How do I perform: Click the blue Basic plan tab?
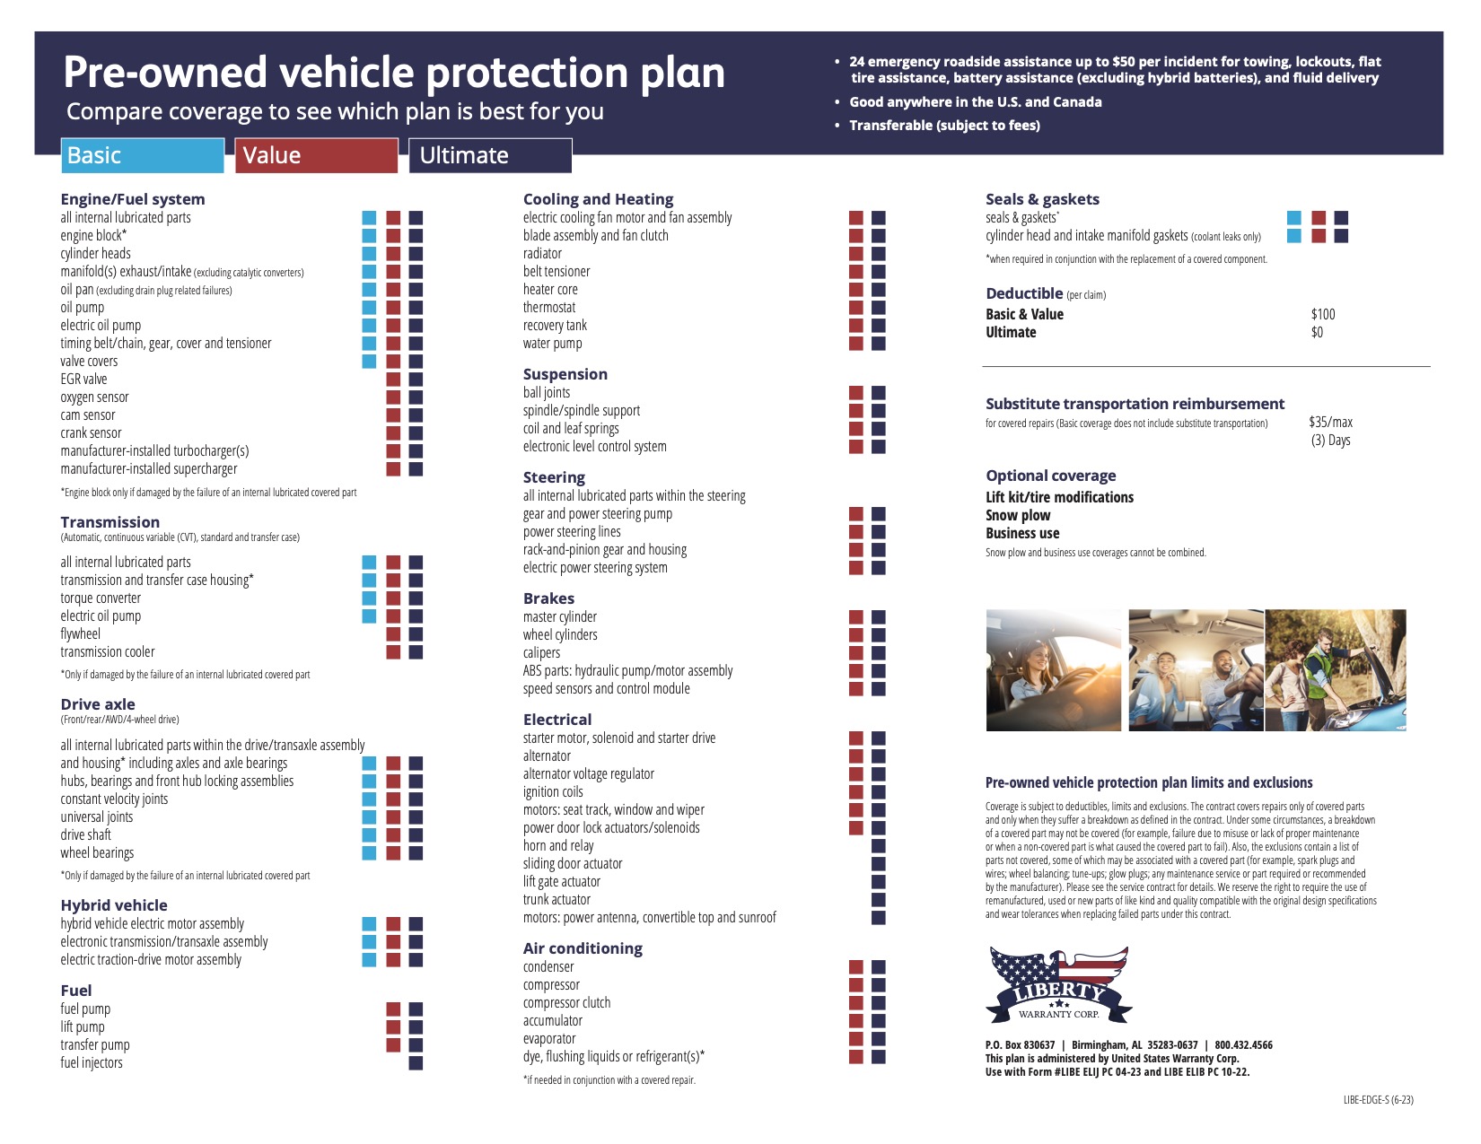(142, 155)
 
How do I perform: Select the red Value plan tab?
(316, 155)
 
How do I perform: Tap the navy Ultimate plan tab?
(490, 155)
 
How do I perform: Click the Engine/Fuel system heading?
(133, 199)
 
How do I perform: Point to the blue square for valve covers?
(369, 362)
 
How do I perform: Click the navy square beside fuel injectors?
(416, 1063)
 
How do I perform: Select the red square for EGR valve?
(393, 380)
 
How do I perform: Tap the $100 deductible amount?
(1323, 314)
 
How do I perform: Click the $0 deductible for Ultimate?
(1317, 332)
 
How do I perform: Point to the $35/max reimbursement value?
(1330, 422)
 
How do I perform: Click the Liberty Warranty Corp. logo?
(1058, 985)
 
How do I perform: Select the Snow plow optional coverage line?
(1018, 515)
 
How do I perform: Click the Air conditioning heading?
(583, 948)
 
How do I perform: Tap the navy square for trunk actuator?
(878, 900)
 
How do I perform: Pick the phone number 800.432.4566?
(1243, 1045)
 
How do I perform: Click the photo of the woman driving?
(1054, 670)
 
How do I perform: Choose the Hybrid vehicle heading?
(114, 905)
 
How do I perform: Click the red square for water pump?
(856, 344)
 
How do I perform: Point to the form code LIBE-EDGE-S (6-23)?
(1378, 1100)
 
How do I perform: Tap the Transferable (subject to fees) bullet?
(944, 126)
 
